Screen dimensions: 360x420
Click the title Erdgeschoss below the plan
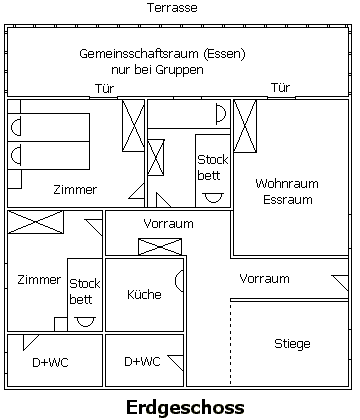(x=185, y=408)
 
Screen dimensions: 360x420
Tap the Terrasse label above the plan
(x=172, y=8)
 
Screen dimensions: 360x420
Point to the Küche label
(x=144, y=294)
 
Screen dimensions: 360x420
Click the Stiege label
(x=292, y=344)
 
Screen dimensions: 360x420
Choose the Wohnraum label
(x=287, y=184)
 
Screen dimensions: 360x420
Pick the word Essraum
(x=288, y=200)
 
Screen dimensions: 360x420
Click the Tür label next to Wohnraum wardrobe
(x=280, y=88)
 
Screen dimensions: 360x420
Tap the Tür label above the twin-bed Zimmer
(x=105, y=89)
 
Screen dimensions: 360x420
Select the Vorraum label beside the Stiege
(x=264, y=279)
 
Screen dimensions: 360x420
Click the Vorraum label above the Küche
(x=168, y=223)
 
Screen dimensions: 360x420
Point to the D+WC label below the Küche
(x=142, y=361)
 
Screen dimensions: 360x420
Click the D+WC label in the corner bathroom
(x=50, y=362)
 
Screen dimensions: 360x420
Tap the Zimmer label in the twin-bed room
(x=75, y=190)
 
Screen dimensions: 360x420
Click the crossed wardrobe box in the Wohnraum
(x=245, y=126)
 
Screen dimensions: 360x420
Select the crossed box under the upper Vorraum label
(x=160, y=247)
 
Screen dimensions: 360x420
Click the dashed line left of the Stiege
(x=230, y=343)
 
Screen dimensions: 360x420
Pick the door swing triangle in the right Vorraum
(x=340, y=283)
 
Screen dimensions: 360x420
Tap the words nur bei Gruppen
(x=157, y=70)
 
